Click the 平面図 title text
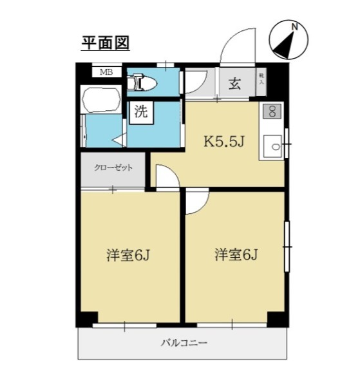105,43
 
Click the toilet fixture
141,82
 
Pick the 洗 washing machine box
140,111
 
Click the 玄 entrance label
234,84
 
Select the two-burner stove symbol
271,111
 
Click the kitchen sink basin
275,146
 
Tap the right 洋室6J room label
236,255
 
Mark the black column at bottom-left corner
86,319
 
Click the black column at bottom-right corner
277,319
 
